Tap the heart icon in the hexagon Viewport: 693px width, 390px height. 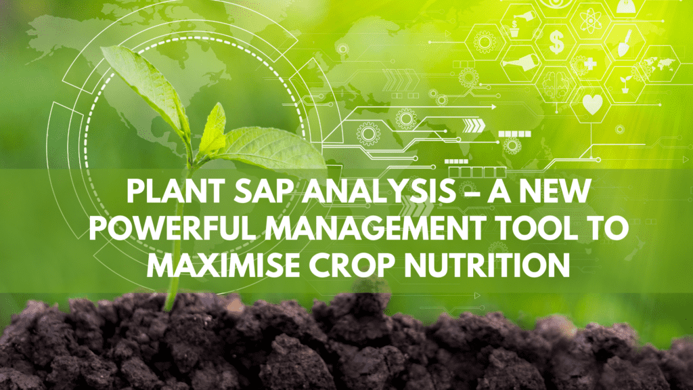tap(591, 104)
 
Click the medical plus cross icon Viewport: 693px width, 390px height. tap(590, 64)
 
